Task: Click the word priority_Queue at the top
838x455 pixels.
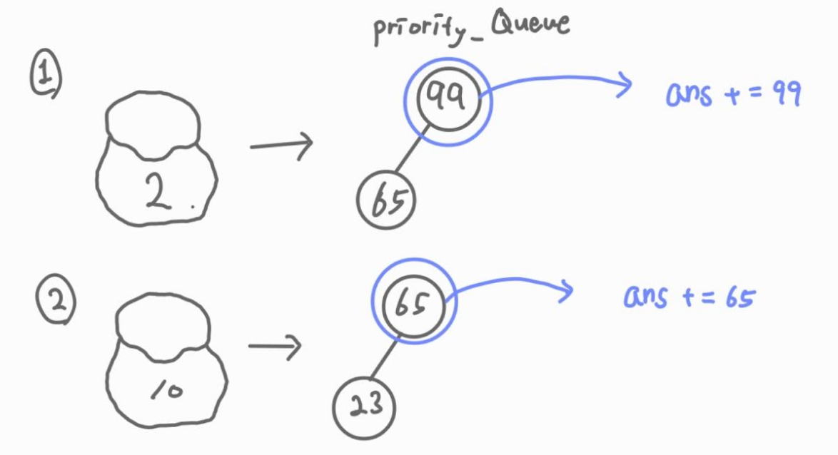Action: [x=471, y=27]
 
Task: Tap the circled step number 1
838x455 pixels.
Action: [x=45, y=76]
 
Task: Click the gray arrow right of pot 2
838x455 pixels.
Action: [x=281, y=145]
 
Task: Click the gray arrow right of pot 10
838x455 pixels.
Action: [x=275, y=347]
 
